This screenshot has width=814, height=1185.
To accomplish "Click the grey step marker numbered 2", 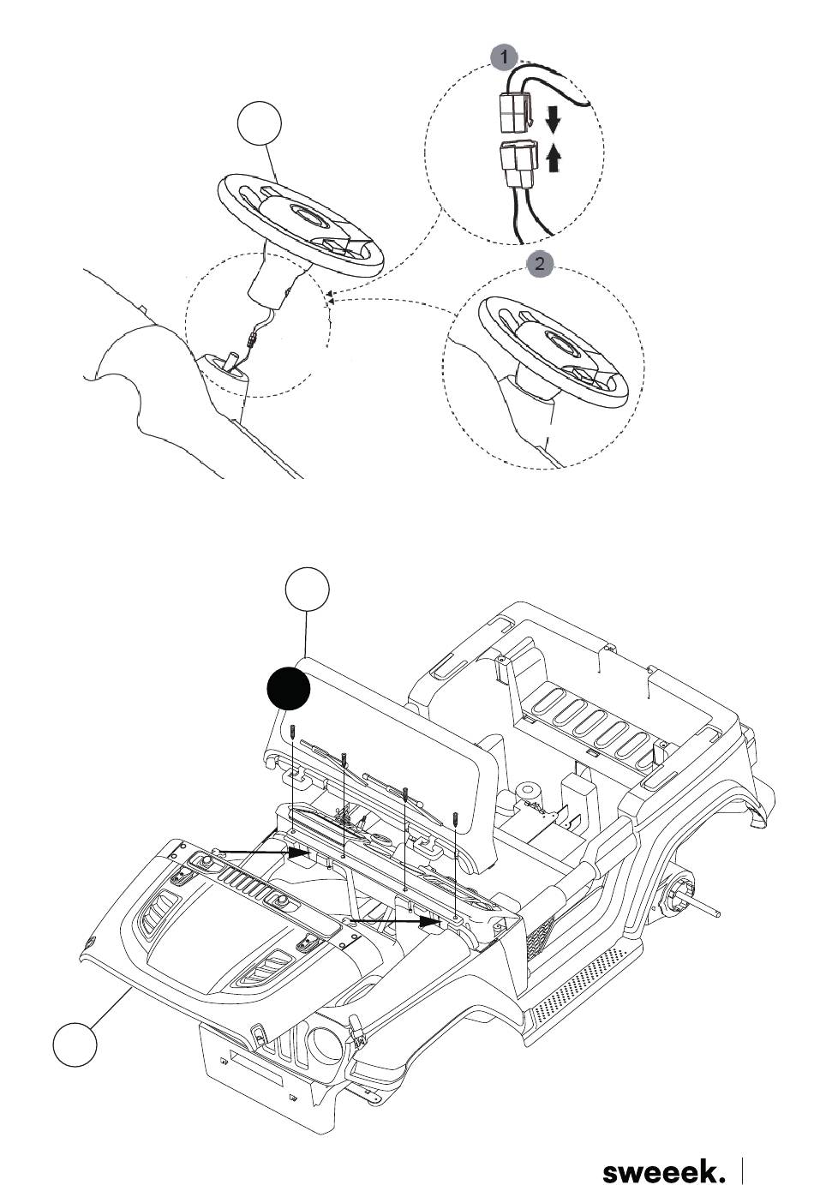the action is (x=540, y=263).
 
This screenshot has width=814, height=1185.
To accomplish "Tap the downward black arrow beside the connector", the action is (x=553, y=120).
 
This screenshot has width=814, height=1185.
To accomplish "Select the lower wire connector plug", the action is (x=518, y=163).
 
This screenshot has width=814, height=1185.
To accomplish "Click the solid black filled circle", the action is (x=288, y=687).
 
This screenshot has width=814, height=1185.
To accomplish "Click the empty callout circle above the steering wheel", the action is (x=259, y=123).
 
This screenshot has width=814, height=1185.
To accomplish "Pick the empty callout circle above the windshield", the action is (x=308, y=590).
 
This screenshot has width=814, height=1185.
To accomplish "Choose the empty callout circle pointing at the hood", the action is (x=75, y=1044).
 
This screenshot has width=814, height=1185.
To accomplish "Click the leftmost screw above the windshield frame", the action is (x=292, y=734).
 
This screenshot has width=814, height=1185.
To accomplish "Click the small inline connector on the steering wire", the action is (x=252, y=339).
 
